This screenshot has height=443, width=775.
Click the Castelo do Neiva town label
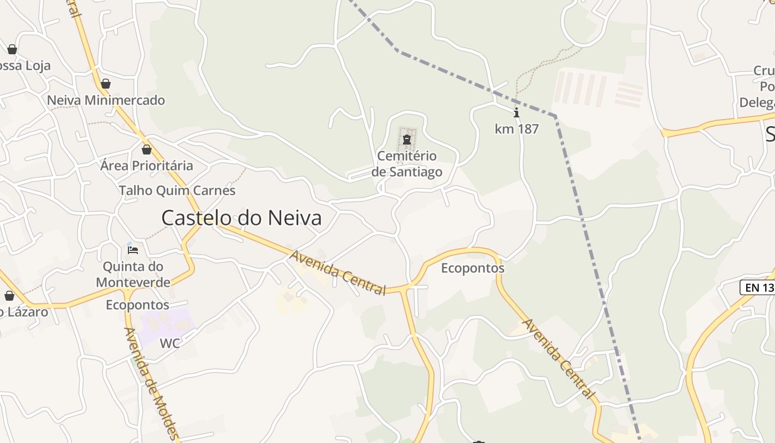241,218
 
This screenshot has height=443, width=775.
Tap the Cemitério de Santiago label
407,164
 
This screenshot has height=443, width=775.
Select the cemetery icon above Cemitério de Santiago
407,140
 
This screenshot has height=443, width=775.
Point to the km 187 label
516,129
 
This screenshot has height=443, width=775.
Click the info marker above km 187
516,114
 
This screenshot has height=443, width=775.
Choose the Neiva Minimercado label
106,100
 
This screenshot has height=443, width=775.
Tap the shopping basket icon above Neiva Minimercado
106,84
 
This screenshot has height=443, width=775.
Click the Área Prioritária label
147,166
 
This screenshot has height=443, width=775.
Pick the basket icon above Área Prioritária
147,150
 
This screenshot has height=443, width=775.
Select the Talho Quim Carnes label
177,190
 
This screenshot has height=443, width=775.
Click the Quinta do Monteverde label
133,274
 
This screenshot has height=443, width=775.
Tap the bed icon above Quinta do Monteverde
133,250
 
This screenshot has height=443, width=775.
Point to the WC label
170,343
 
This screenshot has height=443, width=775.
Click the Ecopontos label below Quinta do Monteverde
137,305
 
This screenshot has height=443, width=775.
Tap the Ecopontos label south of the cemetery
473,268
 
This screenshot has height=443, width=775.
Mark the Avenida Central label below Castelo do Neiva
338,272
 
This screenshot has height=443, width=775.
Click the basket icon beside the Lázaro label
9,296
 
